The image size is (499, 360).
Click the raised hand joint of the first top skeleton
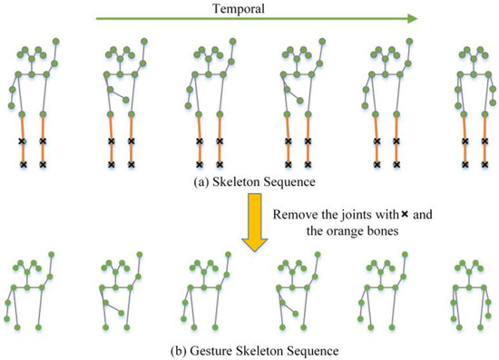[x=58, y=41]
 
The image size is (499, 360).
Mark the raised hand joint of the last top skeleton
[x=491, y=41]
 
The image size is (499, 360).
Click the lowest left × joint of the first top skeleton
[x=24, y=165]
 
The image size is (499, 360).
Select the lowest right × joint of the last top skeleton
[x=487, y=165]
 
